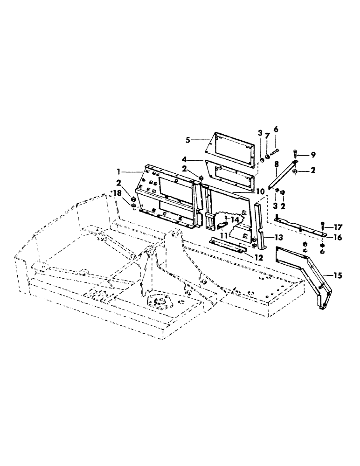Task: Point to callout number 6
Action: [275, 129]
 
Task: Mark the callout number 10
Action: [260, 191]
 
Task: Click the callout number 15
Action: [337, 276]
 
